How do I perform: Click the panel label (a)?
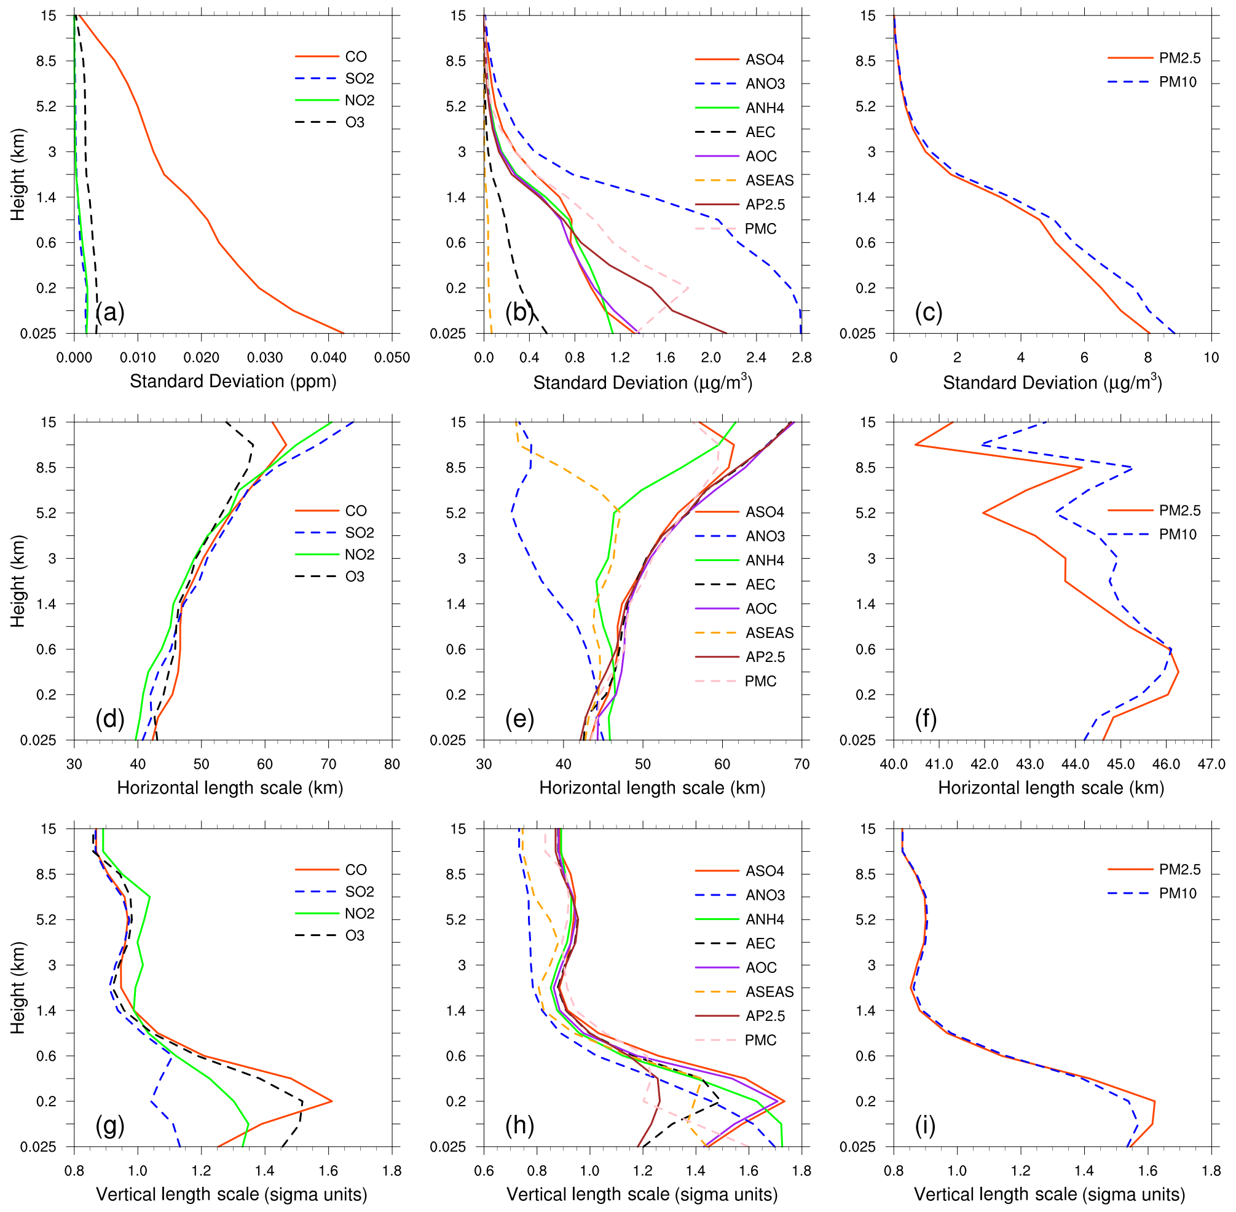tap(109, 313)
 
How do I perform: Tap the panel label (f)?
tap(926, 719)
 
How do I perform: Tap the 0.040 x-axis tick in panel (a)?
tap(328, 358)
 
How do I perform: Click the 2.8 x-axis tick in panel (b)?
tap(801, 358)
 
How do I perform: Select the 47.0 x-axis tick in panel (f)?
tap(1211, 765)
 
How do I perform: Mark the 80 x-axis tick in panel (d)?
tap(392, 765)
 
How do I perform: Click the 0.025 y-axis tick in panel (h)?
tap(447, 1147)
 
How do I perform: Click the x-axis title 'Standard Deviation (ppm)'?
tap(233, 381)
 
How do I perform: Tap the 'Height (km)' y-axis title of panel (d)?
tap(17, 581)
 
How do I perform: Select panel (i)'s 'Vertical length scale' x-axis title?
tap(1050, 1194)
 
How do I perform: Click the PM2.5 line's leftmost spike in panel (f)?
tap(915, 444)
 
